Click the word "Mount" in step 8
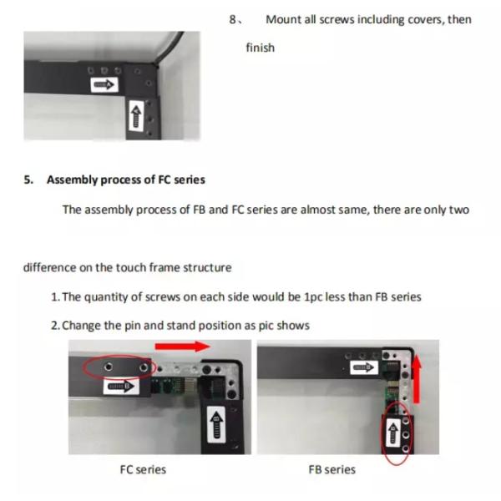[283, 20]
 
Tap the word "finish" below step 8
[260, 48]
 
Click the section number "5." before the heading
[28, 180]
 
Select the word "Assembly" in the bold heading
[72, 180]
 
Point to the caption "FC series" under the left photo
[143, 469]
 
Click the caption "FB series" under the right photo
[331, 469]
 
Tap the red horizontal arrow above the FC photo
[182, 347]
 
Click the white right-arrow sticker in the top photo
[104, 85]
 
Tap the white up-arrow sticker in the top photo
[136, 116]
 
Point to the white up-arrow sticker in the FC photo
[216, 425]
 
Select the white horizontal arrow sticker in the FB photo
[364, 367]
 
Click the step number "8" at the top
[232, 20]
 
